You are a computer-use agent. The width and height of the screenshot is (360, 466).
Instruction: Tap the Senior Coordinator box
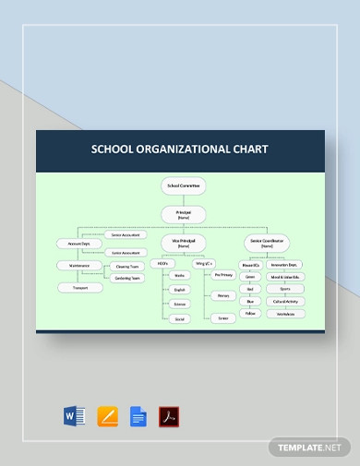(268, 245)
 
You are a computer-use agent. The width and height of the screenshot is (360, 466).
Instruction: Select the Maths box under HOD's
(180, 275)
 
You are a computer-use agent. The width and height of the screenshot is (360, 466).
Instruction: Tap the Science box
(180, 303)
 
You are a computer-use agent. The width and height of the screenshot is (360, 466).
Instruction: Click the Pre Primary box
(223, 275)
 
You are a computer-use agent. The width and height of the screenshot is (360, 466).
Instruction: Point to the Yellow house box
(249, 314)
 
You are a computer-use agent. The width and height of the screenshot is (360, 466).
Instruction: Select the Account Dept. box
(72, 244)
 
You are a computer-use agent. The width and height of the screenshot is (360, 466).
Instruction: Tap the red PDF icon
(169, 416)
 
